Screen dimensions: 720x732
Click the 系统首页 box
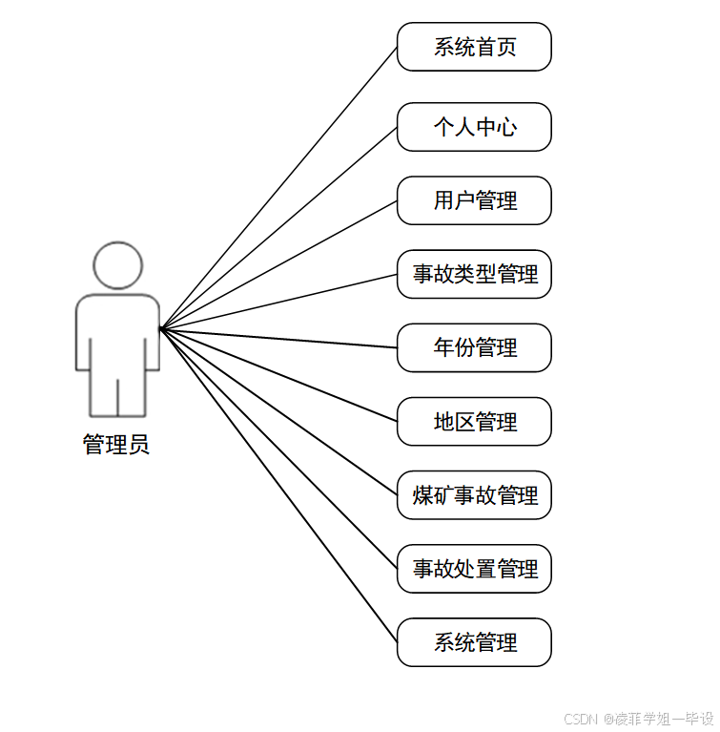tap(474, 47)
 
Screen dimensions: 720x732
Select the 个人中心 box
tap(474, 127)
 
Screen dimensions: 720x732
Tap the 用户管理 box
tap(474, 200)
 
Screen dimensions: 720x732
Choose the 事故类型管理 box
tap(474, 274)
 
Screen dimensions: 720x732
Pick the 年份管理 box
tap(474, 347)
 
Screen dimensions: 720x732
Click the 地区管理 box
tap(474, 421)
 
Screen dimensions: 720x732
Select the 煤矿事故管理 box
tap(474, 495)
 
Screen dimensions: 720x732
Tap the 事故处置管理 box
tap(474, 569)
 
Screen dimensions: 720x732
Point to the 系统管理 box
tap(474, 642)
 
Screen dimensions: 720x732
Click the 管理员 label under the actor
tap(116, 445)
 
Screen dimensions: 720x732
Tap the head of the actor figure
tap(117, 265)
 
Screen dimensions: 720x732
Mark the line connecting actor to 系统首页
tap(278, 187)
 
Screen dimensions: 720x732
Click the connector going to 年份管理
tap(278, 338)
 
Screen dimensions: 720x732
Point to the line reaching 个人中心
tap(278, 227)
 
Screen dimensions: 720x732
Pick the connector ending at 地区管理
tap(278, 375)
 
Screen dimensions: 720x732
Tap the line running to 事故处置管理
tap(278, 450)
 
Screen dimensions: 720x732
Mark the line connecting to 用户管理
tap(278, 264)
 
